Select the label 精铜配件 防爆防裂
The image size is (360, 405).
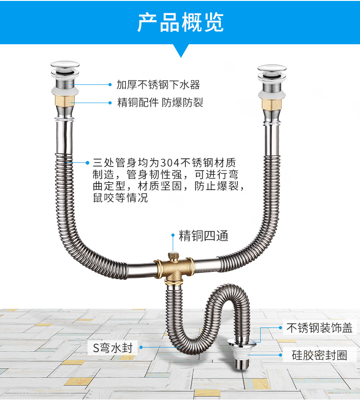160,103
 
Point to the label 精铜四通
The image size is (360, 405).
203,236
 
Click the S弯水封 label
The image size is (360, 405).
112,348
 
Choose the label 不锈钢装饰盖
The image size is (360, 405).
319,327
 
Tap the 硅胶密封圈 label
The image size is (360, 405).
319,355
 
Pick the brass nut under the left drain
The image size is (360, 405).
64,101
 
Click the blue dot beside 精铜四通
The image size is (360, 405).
173,236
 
